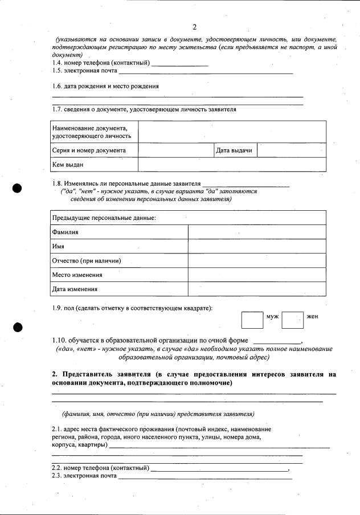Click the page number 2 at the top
[194, 27]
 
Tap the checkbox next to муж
[252, 320]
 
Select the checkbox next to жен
[293, 320]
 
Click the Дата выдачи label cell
[234, 150]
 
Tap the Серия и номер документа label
[89, 150]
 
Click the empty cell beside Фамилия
[257, 232]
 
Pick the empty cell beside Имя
[257, 247]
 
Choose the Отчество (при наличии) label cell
[87, 261]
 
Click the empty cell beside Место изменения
[257, 275]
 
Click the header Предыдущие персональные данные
[104, 218]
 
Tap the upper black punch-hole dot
[18, 189]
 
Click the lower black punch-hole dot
[18, 327]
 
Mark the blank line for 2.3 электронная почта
[205, 477]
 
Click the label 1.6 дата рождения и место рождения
[105, 86]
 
